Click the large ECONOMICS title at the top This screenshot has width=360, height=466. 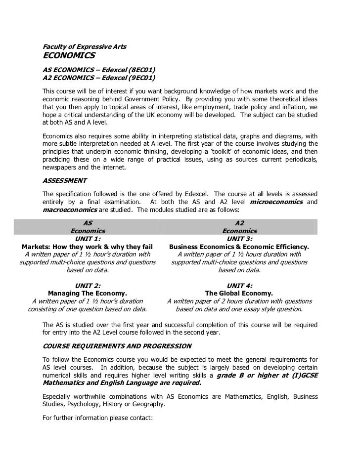click(x=69, y=58)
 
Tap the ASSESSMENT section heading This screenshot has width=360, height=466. click(x=65, y=180)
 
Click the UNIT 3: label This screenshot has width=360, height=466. click(x=239, y=238)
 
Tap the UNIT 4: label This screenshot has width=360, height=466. click(x=239, y=285)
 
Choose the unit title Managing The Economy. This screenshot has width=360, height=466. click(x=88, y=293)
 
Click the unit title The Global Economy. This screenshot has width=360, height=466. click(x=239, y=293)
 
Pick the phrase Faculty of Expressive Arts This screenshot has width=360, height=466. click(x=85, y=47)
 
